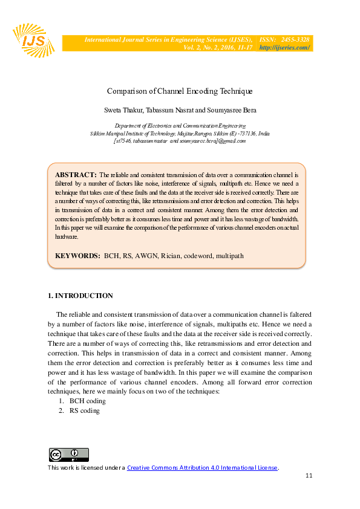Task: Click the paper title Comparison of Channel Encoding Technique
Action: (179, 91)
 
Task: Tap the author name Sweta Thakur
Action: (123, 111)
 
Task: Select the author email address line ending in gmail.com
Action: (180, 140)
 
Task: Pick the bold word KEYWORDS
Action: (77, 256)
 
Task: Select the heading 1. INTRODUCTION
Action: (80, 296)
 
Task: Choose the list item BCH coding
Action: (88, 401)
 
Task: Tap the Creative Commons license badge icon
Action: (68, 455)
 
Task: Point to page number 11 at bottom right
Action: (309, 476)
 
